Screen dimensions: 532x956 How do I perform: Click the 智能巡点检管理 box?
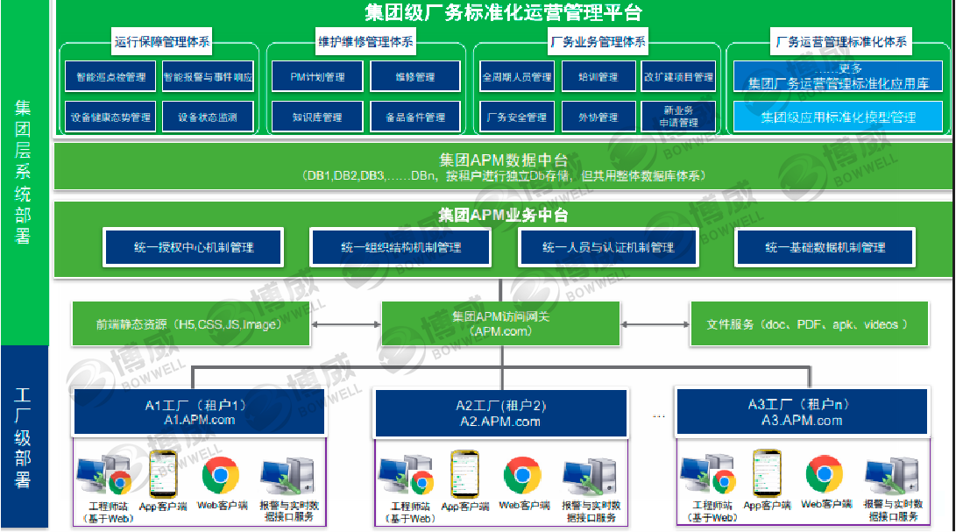point(110,77)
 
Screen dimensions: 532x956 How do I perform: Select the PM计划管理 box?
point(317,77)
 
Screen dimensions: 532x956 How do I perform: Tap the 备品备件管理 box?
point(415,117)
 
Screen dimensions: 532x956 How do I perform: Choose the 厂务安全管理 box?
point(517,117)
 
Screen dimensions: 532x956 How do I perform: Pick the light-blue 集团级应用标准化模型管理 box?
point(838,117)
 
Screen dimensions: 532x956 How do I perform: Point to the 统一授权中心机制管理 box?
point(194,248)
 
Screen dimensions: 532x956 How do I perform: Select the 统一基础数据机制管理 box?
point(825,248)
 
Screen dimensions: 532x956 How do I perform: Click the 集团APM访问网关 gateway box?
point(501,323)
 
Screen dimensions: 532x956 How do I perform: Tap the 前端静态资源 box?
point(190,324)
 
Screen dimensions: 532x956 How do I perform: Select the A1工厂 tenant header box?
point(199,412)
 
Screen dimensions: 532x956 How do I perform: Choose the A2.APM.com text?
point(500,422)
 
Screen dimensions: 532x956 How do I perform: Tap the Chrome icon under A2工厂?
point(522,475)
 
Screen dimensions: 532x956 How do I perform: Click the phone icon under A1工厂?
point(163,474)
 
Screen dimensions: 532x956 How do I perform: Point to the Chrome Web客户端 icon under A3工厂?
point(824,474)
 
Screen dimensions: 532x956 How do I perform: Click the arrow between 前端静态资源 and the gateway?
point(345,324)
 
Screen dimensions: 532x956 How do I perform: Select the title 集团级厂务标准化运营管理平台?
point(503,12)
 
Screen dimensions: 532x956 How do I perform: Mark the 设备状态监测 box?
point(208,117)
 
